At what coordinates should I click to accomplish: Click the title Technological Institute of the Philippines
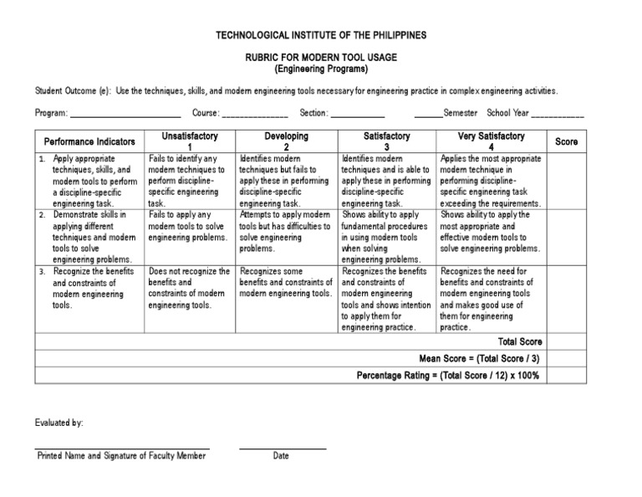coord(322,35)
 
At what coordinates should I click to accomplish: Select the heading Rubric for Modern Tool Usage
coord(321,57)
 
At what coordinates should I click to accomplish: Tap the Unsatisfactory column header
coord(190,141)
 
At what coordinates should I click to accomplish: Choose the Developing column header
coord(287,141)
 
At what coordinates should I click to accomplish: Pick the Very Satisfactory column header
coord(492,141)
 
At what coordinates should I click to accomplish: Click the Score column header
coord(567,141)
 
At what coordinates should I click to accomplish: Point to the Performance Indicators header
coord(89,141)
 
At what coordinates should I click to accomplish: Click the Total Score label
coord(520,341)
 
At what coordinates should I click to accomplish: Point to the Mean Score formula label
coord(481,358)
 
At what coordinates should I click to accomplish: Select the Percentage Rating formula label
coord(449,375)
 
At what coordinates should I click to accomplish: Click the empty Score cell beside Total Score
coord(567,341)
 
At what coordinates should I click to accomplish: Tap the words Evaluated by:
coord(59,423)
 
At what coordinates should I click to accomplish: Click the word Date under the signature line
coord(281,456)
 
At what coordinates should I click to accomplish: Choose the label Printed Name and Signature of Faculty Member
coord(121,456)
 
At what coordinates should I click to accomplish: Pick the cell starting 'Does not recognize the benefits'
coord(190,288)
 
